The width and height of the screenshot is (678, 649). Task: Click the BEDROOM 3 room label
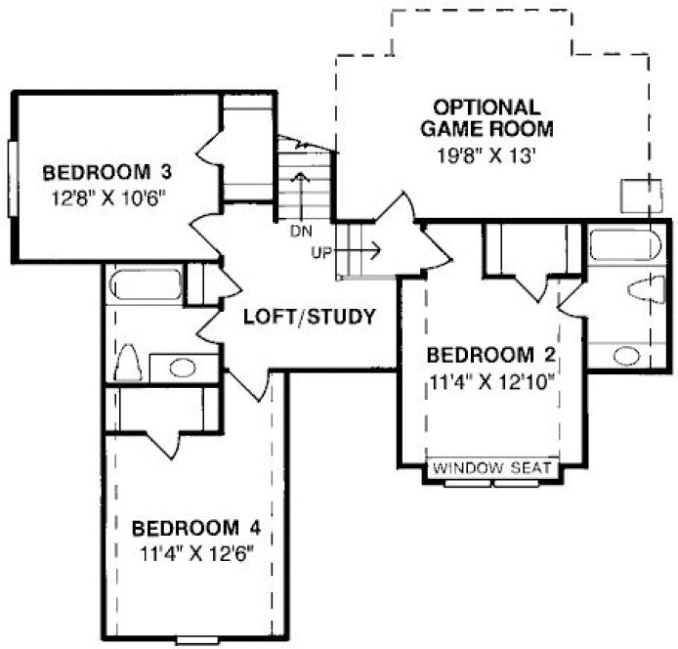[x=107, y=174]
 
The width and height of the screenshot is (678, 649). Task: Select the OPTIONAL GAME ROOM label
[x=487, y=116]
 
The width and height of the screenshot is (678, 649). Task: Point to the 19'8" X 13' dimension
[x=487, y=153]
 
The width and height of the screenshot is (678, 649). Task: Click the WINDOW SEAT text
[x=492, y=468]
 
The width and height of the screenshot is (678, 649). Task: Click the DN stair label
[x=300, y=232]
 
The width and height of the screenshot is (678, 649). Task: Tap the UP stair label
[x=322, y=252]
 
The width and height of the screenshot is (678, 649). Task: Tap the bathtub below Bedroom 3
[x=146, y=285]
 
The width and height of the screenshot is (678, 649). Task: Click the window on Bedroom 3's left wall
[x=12, y=177]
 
